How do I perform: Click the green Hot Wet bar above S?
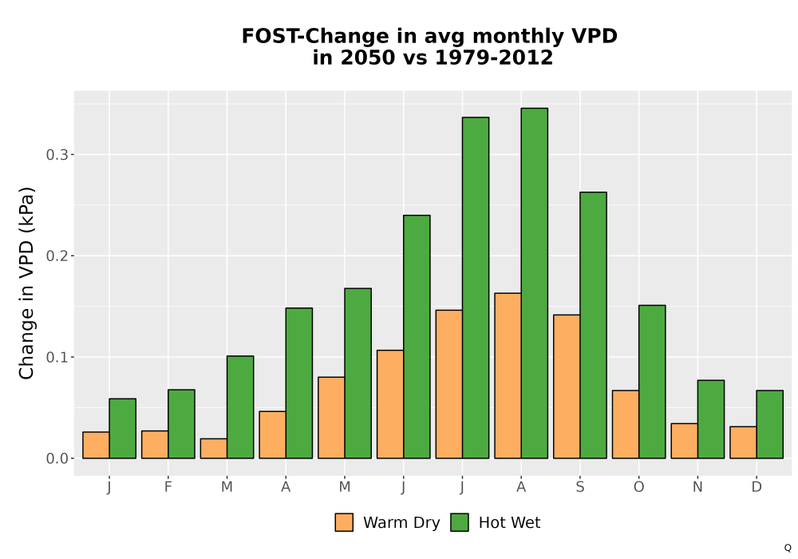pyautogui.click(x=593, y=325)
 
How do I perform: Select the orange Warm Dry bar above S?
pyautogui.click(x=567, y=387)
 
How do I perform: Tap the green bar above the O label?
pyautogui.click(x=652, y=382)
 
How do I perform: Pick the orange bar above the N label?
pyautogui.click(x=685, y=441)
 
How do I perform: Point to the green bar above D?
pyautogui.click(x=769, y=424)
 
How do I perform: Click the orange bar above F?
pyautogui.click(x=155, y=445)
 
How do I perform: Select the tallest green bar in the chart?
pyautogui.click(x=535, y=283)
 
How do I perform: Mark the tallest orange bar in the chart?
pyautogui.click(x=508, y=375)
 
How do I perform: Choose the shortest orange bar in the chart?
pyautogui.click(x=214, y=449)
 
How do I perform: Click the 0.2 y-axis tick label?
pyautogui.click(x=57, y=256)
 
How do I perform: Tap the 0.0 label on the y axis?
pyautogui.click(x=57, y=458)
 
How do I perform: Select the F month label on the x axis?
pyautogui.click(x=168, y=487)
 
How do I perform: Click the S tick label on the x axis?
pyautogui.click(x=580, y=487)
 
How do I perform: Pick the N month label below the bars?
pyautogui.click(x=697, y=487)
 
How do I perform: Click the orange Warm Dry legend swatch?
pyautogui.click(x=344, y=522)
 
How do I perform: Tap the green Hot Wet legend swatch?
pyautogui.click(x=460, y=522)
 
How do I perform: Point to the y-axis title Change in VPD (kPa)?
pyautogui.click(x=26, y=283)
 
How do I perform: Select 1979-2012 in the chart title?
pyautogui.click(x=494, y=57)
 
